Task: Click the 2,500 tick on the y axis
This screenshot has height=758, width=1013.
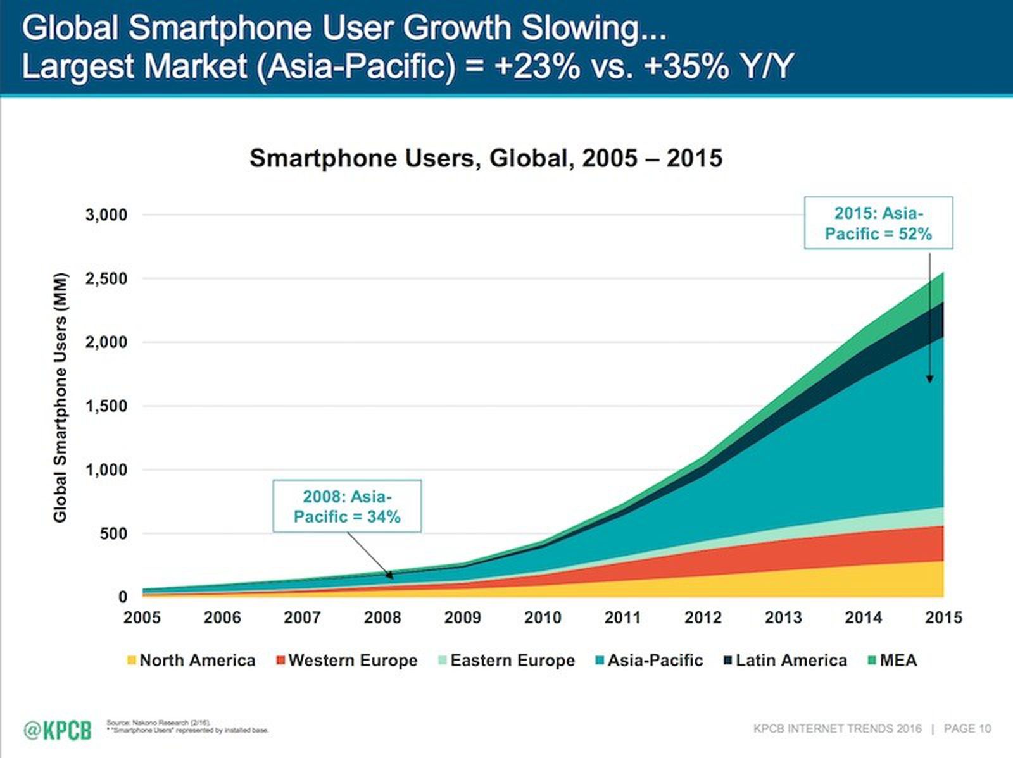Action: [106, 278]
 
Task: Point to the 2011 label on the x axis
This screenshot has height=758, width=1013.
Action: [622, 618]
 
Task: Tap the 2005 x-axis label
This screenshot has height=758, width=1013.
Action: [142, 618]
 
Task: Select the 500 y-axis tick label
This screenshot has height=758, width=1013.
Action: [114, 533]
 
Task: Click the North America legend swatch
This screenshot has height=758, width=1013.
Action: [132, 661]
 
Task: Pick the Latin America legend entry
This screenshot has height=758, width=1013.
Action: [785, 661]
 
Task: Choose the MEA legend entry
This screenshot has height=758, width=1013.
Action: [892, 661]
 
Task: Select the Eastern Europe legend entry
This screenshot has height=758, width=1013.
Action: [507, 661]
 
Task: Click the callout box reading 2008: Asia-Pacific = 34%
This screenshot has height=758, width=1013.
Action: [347, 506]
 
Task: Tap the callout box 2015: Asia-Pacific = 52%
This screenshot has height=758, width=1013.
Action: [878, 223]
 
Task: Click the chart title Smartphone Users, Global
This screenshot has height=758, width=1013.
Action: [486, 158]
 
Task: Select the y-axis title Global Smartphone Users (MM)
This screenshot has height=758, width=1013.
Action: [60, 397]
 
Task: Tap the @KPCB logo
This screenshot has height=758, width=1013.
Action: [58, 730]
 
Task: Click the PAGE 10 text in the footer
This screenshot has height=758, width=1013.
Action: [967, 729]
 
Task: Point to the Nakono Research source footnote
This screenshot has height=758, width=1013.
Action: [158, 722]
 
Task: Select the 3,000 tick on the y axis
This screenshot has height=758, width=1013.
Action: [106, 214]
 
